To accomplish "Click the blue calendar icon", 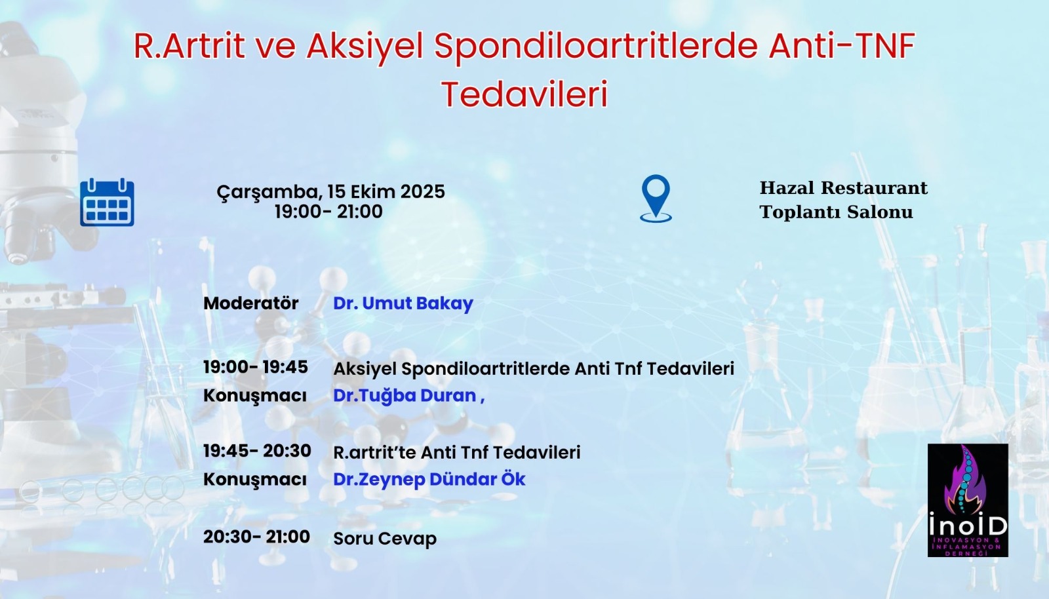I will [x=107, y=203].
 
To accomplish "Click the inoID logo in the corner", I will [x=968, y=500].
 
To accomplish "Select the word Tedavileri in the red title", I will [x=524, y=94].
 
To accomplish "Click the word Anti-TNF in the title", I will [x=842, y=46].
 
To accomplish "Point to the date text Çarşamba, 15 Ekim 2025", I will [x=330, y=191].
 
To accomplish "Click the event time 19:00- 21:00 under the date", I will [x=328, y=212].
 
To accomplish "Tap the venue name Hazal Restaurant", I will [x=843, y=188].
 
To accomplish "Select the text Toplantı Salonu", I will [x=836, y=212].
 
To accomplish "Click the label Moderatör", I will [x=250, y=303].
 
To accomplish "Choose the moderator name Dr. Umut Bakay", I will [x=403, y=303].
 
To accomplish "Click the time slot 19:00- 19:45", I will [x=255, y=367].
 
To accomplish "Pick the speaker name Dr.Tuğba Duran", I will [x=405, y=396].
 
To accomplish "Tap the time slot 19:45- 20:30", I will [x=257, y=451].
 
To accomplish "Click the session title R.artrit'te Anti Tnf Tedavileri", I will [x=456, y=452].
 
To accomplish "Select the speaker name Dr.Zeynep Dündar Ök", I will [x=429, y=480].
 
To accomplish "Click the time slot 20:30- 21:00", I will [x=256, y=537].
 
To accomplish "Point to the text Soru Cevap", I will [x=384, y=539].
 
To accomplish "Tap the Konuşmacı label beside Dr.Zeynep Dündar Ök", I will [x=254, y=480].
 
